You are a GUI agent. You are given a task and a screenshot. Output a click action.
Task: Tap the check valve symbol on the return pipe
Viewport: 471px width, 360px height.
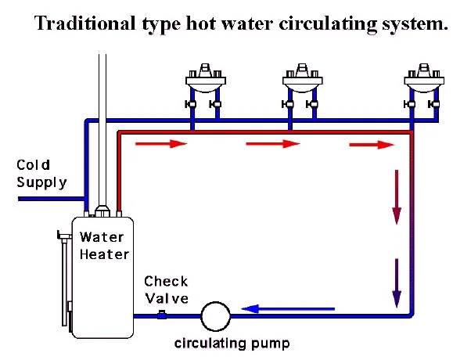[162, 315]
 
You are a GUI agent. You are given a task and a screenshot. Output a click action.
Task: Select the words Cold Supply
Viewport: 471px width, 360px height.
[41, 174]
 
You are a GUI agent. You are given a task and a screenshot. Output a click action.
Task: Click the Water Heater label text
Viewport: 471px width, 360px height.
[104, 246]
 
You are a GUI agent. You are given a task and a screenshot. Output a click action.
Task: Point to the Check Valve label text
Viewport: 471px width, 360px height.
[166, 290]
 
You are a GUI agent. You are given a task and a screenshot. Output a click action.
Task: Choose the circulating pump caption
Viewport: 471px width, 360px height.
[232, 344]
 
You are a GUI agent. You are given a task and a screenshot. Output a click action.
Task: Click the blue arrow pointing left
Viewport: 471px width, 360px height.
[288, 308]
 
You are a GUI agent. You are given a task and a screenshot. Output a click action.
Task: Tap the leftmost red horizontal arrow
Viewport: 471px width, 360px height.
[161, 144]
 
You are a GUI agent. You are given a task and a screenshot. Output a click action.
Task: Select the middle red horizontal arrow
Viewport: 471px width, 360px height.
[273, 144]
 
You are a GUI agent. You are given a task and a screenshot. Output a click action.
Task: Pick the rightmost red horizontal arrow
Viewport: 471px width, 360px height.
[372, 145]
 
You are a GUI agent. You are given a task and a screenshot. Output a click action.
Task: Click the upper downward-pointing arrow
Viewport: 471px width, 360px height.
[397, 197]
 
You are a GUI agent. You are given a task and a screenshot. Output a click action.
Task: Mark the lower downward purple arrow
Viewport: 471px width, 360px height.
[397, 283]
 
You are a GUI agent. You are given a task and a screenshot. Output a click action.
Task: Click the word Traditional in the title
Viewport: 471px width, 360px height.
[85, 23]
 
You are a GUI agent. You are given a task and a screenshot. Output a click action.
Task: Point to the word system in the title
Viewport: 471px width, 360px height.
[415, 24]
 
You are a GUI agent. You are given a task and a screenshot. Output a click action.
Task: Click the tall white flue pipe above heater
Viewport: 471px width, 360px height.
[102, 130]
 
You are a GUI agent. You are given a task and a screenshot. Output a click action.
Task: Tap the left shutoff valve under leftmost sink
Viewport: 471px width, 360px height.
[190, 104]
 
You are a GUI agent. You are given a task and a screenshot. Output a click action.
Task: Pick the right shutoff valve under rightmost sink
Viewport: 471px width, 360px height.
[433, 104]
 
